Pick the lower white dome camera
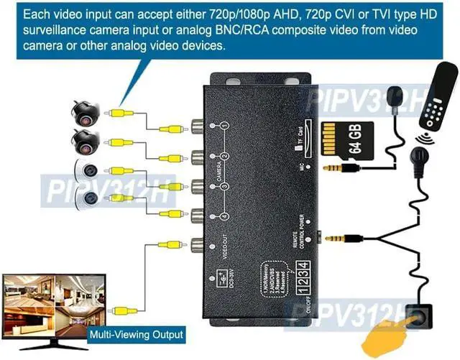(91, 200)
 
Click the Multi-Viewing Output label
(136, 334)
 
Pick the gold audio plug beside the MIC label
(336, 168)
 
